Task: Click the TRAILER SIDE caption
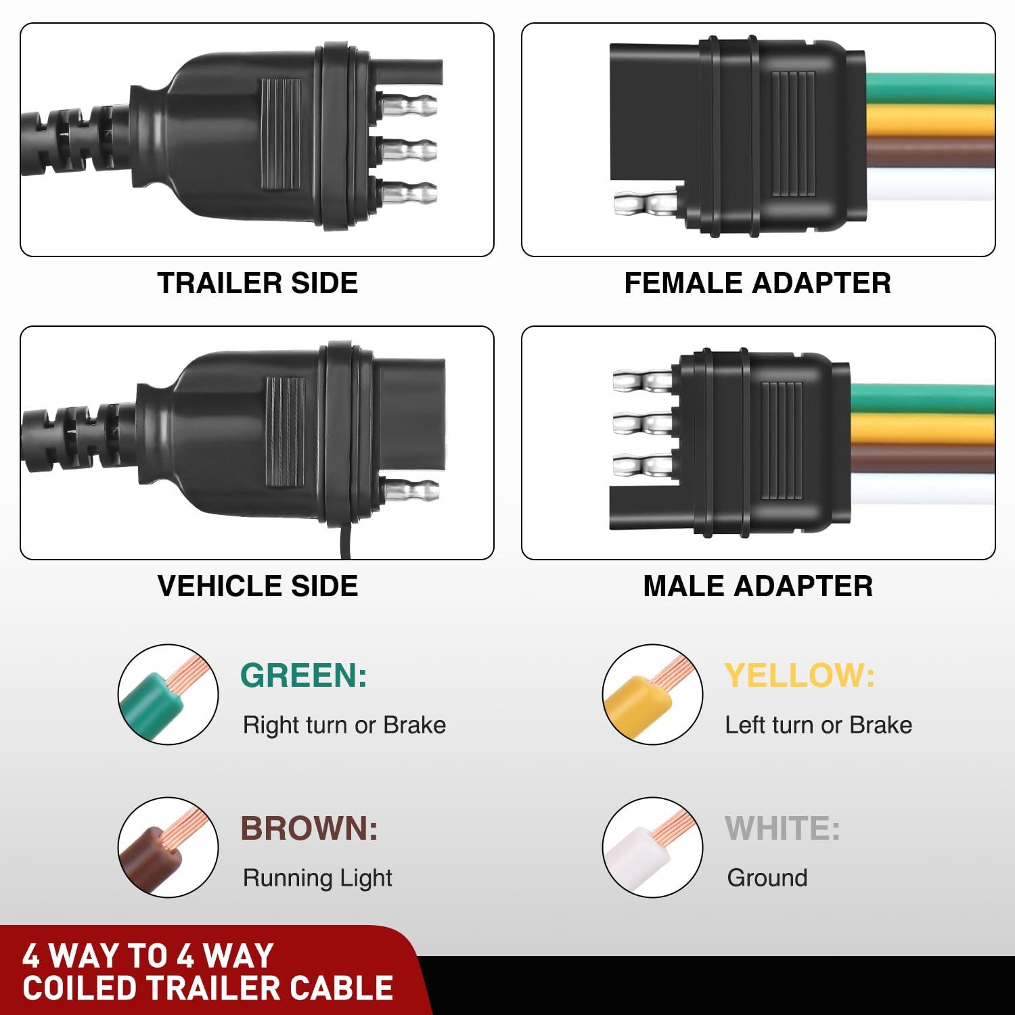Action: [x=257, y=283]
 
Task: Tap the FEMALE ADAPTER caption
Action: [x=757, y=283]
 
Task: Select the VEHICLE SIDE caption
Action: [x=257, y=586]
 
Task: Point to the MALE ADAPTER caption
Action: [x=758, y=586]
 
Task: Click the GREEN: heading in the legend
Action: [x=304, y=675]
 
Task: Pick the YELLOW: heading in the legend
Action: [x=800, y=675]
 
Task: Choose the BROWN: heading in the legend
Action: [x=309, y=828]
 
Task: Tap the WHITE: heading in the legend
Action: [x=782, y=828]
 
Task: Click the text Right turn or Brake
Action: [x=344, y=725]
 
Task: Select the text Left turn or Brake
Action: [x=818, y=725]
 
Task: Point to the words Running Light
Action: [x=317, y=878]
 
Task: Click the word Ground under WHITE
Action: [x=767, y=878]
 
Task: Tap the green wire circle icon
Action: [x=168, y=694]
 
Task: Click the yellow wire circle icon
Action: [x=652, y=694]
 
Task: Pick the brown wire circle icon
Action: [x=168, y=847]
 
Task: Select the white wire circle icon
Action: [x=652, y=847]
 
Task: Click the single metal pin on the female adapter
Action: [x=645, y=204]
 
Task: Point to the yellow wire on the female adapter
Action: [x=930, y=120]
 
